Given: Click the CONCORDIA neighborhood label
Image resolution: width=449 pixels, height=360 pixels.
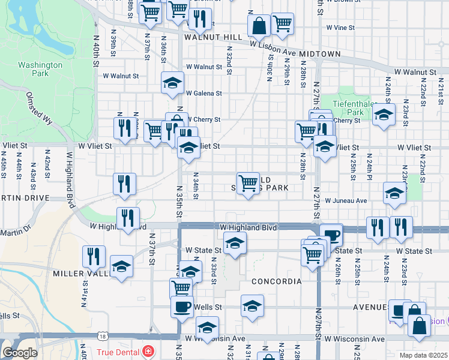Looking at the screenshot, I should [276, 281].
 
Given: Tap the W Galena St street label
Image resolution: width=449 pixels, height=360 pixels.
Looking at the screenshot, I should [203, 94].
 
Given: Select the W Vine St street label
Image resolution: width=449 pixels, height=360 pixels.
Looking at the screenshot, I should [341, 28].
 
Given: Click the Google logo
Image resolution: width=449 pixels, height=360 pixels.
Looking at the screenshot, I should [20, 352].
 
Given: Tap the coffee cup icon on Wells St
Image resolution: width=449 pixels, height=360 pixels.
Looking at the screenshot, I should [182, 305].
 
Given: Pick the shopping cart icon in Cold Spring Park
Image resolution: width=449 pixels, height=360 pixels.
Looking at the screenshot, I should [248, 182].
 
